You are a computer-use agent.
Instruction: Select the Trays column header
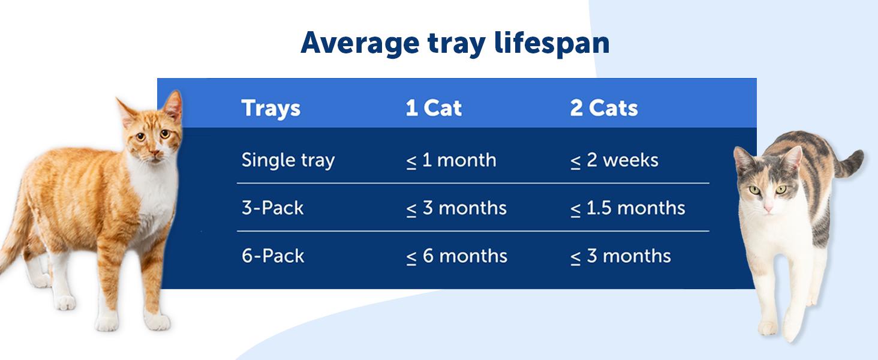[x=270, y=109]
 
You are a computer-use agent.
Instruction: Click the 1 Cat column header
[x=434, y=109]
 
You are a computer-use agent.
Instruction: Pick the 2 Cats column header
[x=603, y=109]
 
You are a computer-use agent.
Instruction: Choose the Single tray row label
[x=288, y=160]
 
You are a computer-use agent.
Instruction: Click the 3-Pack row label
[x=272, y=208]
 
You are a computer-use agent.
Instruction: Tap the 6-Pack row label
[x=272, y=256]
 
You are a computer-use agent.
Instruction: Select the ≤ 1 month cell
[x=451, y=160]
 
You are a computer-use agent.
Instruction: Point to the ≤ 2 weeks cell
[x=614, y=160]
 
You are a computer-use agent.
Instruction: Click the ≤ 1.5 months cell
[x=627, y=208]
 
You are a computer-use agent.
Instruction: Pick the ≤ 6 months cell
[x=456, y=256]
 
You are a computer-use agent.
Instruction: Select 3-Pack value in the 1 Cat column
[x=456, y=208]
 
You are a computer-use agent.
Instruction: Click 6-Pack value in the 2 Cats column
[x=620, y=256]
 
